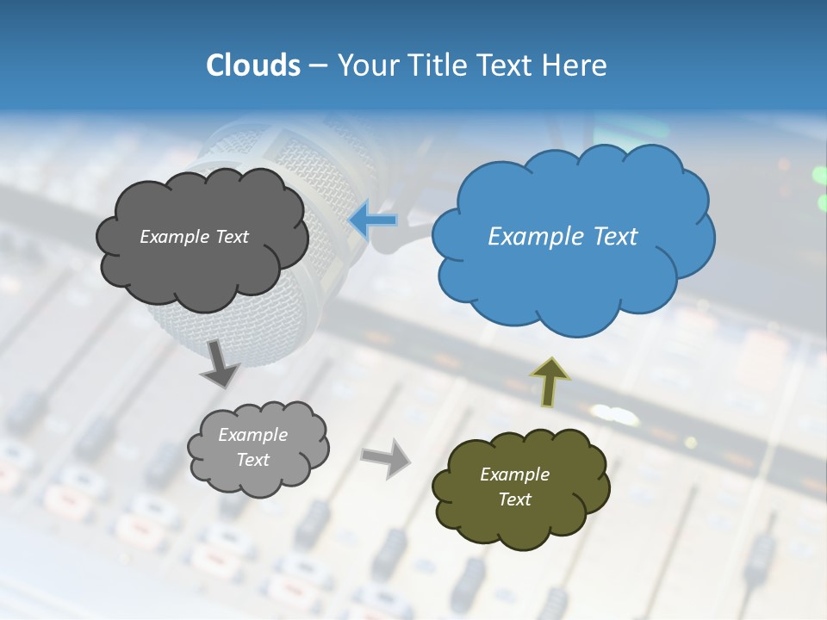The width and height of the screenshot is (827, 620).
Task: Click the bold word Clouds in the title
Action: (x=252, y=65)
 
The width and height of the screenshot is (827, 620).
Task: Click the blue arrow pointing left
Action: (x=373, y=220)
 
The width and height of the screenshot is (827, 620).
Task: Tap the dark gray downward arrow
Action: (x=221, y=363)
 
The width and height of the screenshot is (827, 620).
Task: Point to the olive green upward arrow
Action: (x=550, y=382)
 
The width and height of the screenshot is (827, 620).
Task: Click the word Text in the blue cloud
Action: (x=615, y=236)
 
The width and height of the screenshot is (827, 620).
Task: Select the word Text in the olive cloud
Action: (x=514, y=499)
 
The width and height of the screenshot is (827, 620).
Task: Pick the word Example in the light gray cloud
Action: (x=252, y=435)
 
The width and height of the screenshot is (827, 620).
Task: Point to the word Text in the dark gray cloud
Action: (x=232, y=236)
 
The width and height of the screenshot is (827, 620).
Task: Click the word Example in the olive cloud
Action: (x=514, y=474)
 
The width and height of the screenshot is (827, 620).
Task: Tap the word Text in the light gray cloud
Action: (x=252, y=460)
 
